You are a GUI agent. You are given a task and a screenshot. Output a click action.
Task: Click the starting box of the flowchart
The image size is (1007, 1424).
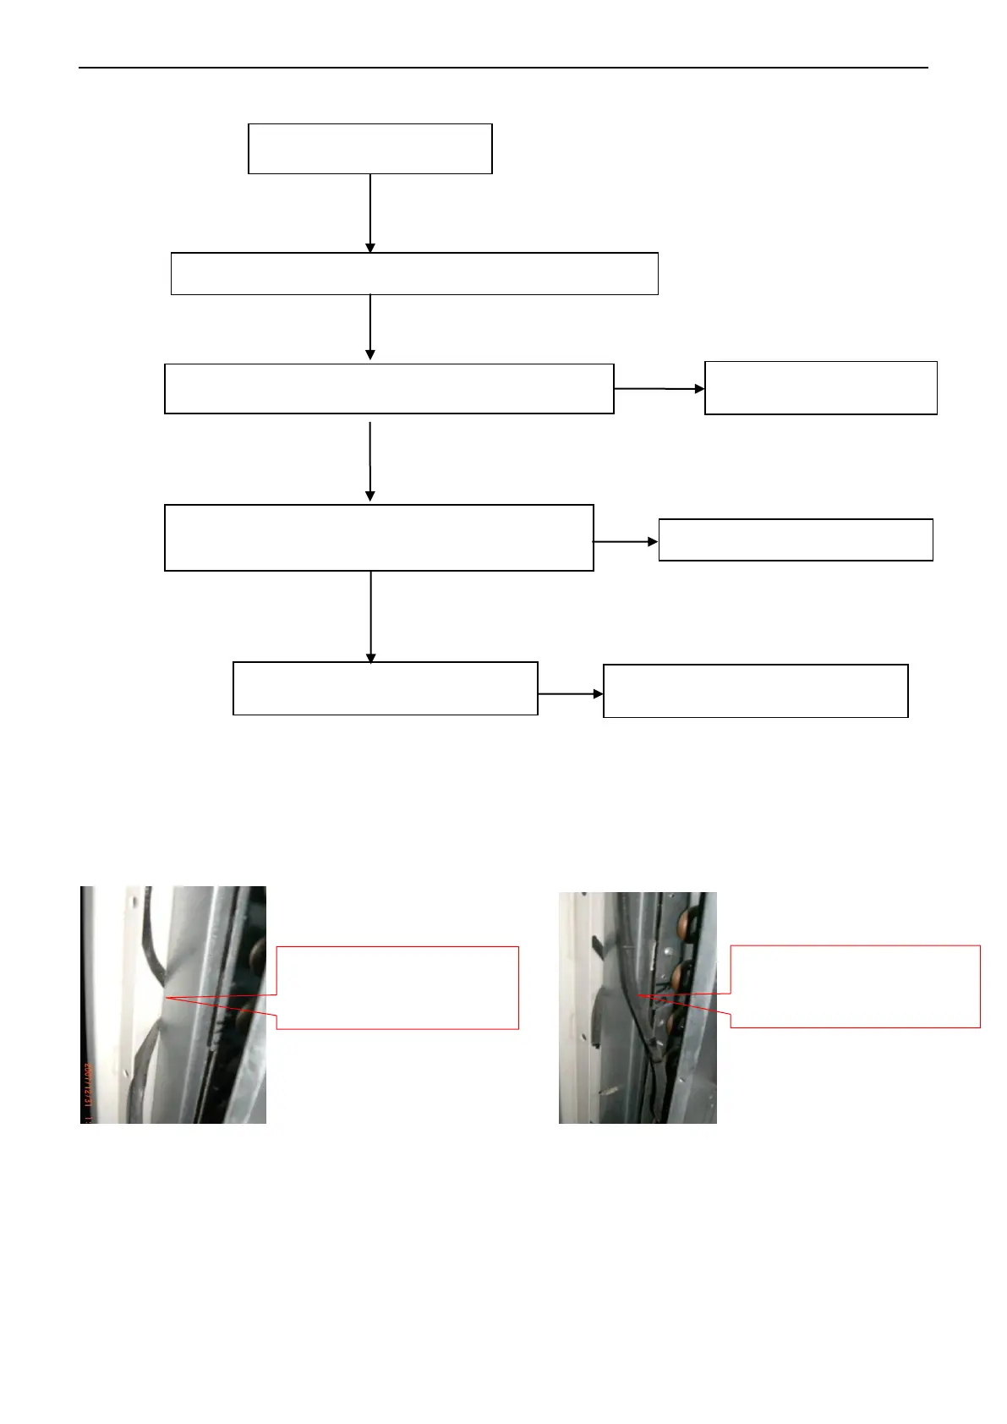coord(369,149)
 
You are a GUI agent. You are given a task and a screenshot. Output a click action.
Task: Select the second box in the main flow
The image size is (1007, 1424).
coord(414,273)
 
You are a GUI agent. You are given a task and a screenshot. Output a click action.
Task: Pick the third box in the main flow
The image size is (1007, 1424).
coord(389,389)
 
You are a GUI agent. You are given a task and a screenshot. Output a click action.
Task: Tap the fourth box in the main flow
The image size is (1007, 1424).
coord(379,538)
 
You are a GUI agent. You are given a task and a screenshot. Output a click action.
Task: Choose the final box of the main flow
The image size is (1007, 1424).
coord(385,688)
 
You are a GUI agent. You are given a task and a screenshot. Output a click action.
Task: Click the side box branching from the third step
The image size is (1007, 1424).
coord(820,388)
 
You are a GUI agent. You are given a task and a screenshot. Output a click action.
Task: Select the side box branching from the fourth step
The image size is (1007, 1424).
coord(795,539)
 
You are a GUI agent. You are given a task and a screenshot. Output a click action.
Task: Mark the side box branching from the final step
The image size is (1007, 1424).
coord(755,691)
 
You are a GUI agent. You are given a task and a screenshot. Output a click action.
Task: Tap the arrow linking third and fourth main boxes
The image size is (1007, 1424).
coord(370,461)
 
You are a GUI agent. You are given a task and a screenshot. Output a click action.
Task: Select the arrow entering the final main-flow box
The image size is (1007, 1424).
coord(370,616)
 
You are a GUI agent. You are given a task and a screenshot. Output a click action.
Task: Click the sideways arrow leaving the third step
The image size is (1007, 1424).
coord(659,389)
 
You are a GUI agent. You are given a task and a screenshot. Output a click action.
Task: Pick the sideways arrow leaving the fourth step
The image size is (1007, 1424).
coord(626,541)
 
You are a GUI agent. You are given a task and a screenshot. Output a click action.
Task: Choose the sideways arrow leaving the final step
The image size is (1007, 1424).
coord(570,693)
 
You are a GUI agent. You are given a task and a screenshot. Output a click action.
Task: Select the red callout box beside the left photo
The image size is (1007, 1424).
coord(397,988)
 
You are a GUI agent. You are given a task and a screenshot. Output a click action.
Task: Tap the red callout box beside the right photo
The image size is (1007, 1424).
coord(855,986)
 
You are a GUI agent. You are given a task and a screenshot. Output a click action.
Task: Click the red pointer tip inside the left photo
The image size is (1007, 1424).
coord(168,999)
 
